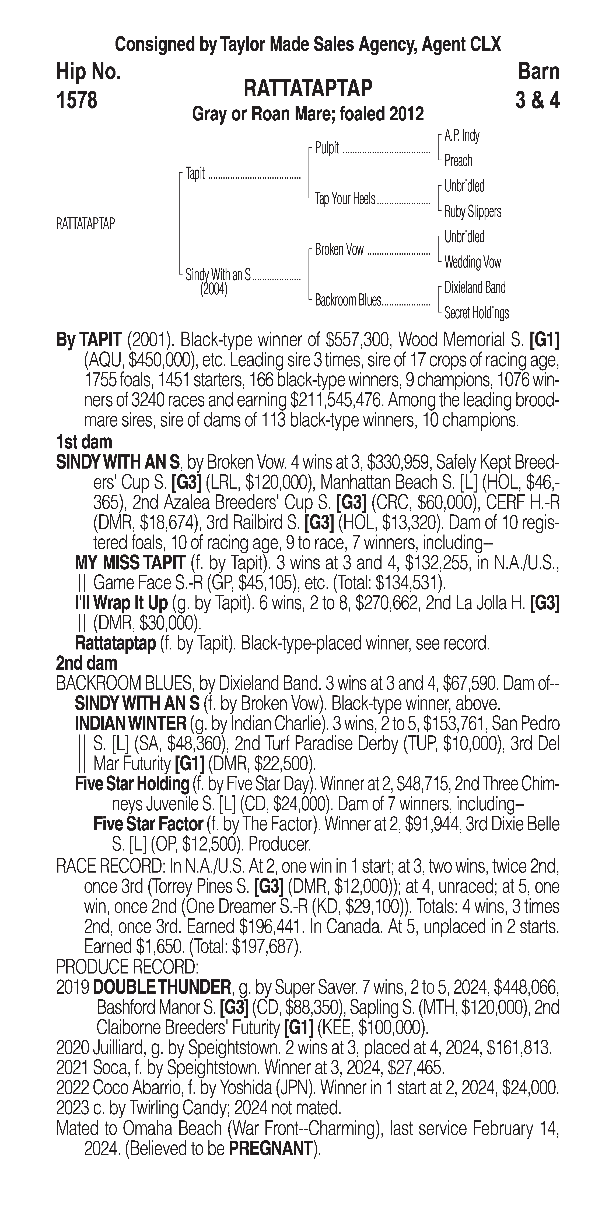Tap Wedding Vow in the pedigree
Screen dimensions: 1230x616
point(472,262)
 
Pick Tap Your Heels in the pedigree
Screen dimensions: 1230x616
point(345,199)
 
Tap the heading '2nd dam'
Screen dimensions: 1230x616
point(86,663)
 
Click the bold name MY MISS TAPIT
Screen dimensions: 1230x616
point(130,563)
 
